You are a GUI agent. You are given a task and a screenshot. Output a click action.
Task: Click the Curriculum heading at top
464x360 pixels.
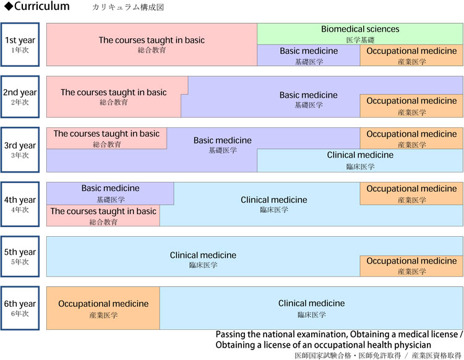(37, 6)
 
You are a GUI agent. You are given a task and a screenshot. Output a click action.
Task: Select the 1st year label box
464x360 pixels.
(20, 45)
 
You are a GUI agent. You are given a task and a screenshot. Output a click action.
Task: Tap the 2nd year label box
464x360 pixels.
(20, 96)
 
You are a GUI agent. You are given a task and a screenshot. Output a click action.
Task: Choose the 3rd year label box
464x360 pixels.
(20, 150)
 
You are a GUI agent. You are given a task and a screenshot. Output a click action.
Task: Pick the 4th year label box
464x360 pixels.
(20, 204)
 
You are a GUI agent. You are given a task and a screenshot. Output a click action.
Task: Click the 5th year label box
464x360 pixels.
(20, 257)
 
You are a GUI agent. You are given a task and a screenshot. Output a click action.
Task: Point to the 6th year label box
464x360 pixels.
(20, 308)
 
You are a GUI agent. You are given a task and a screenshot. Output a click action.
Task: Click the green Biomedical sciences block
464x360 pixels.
(360, 34)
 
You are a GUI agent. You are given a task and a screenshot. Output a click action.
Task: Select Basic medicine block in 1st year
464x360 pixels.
(309, 55)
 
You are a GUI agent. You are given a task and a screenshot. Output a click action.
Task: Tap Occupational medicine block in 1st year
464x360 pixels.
(411, 55)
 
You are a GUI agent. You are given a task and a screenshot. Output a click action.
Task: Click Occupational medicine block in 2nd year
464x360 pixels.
(411, 106)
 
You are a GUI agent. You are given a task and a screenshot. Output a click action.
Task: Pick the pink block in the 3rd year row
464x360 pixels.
(106, 138)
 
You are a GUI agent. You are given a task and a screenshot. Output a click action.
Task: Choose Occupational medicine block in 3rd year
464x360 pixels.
(411, 138)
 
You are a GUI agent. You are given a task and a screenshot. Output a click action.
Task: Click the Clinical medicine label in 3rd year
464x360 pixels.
(360, 155)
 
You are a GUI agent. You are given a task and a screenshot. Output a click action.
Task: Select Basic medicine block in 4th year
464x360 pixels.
(110, 194)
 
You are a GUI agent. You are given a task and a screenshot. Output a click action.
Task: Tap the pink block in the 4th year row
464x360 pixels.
(103, 216)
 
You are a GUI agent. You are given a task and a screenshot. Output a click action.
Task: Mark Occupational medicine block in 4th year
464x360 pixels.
(411, 194)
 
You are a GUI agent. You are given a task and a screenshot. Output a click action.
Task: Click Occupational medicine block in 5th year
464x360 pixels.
(411, 266)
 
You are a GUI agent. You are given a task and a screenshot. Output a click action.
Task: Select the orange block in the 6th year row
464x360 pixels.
(103, 308)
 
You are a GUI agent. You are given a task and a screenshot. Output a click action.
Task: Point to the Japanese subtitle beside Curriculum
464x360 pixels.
(128, 7)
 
